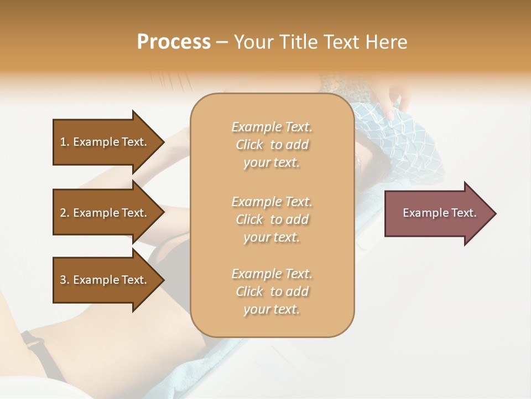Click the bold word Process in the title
pos(174,42)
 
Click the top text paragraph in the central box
pos(272,145)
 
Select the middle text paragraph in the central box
pos(272,219)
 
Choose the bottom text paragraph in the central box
pos(272,291)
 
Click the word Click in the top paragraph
pos(249,145)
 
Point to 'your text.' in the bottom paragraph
pos(272,309)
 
